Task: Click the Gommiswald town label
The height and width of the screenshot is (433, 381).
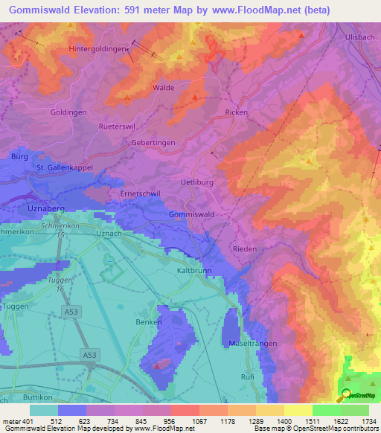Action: tap(192, 214)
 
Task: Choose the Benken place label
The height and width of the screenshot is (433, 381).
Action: tap(147, 323)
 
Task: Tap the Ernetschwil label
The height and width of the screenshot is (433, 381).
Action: tap(119, 193)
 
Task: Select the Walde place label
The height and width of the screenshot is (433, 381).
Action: tap(163, 88)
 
